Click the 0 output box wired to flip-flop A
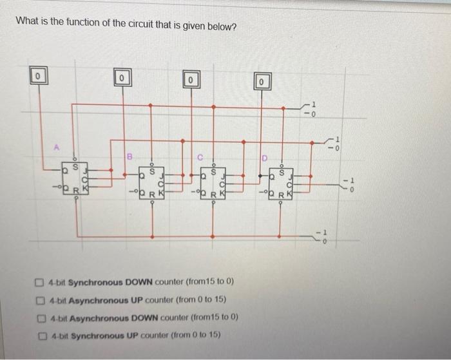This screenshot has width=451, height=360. pos(39,76)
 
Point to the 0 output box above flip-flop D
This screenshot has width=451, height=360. pos(262,82)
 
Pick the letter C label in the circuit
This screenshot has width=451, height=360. pos(200,155)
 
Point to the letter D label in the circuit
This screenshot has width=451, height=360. pos(264,157)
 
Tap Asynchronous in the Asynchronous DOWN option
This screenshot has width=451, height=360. pos(97,317)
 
